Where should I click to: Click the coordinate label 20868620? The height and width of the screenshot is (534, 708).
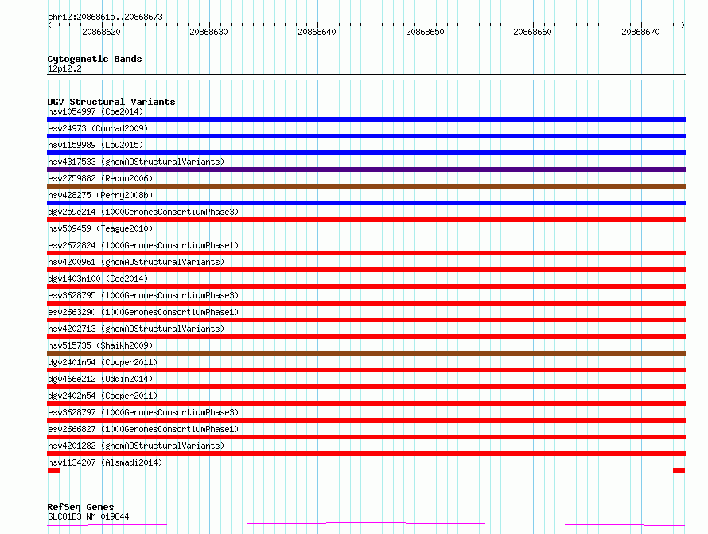point(101,32)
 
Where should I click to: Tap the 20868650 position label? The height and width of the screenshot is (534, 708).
point(425,32)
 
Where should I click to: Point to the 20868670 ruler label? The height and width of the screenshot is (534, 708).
point(640,32)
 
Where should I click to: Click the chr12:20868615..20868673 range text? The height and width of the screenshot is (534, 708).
point(105,17)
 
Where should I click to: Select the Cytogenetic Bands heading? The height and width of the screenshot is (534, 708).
point(95,59)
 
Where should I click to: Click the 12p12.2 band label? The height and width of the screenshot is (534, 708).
point(64,68)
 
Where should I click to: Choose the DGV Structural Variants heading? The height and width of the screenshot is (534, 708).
point(111,102)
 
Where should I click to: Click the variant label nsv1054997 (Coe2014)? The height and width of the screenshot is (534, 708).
point(95,111)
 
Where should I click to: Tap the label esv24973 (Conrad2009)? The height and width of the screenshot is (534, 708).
point(98,128)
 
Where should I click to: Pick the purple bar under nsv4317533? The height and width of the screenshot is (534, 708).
point(366,170)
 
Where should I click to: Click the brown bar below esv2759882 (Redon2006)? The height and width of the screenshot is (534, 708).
point(366,186)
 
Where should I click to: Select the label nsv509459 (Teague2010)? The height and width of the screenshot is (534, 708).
point(100,228)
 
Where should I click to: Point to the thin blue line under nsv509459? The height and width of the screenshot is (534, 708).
point(366,236)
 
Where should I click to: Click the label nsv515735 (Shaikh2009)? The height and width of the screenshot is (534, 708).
point(100,345)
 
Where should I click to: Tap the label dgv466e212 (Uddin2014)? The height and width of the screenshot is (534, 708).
point(100,379)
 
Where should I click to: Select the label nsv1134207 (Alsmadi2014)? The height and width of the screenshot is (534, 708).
point(105,462)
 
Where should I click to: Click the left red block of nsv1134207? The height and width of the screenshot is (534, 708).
point(54,470)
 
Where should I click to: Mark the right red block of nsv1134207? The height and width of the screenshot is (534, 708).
point(679,470)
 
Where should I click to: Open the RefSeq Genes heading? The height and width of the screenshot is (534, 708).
point(80,507)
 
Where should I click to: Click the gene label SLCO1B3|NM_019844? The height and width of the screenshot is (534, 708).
point(88,516)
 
